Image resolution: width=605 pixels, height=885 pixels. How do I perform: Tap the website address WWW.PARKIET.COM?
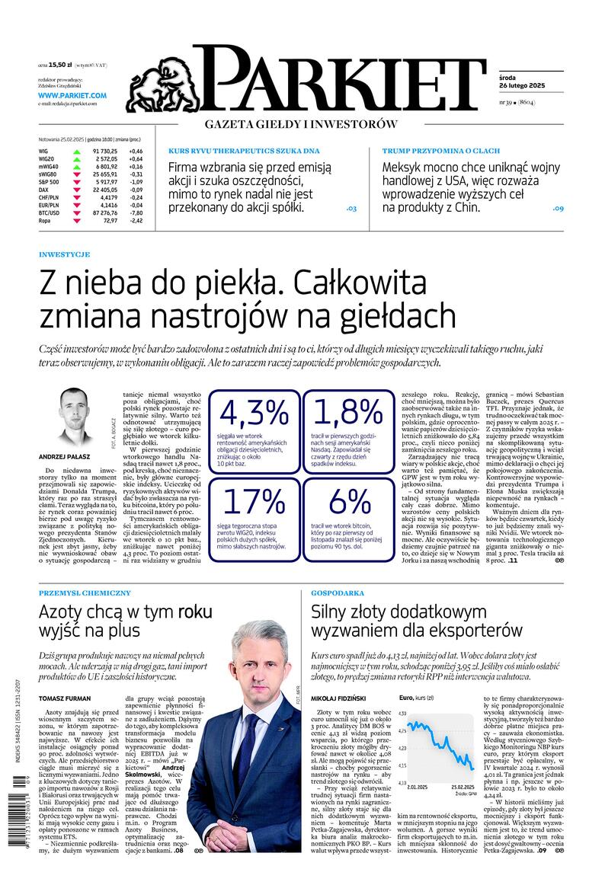[x=72, y=95]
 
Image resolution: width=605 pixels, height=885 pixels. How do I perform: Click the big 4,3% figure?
[x=254, y=413]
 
